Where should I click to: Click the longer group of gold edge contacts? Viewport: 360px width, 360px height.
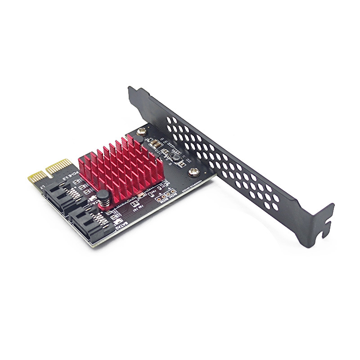tap(58, 164)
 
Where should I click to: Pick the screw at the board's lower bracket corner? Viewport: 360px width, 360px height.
tap(194, 171)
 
